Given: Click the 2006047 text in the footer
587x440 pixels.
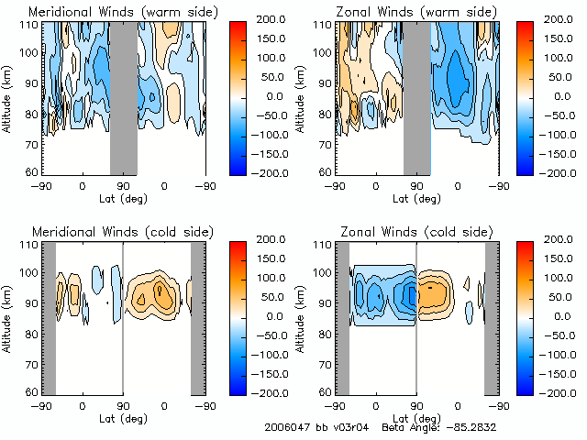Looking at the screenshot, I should click(x=286, y=428).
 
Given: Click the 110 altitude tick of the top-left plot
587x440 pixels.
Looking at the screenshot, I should click(x=30, y=25).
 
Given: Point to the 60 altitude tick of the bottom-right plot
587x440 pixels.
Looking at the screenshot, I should click(x=326, y=390).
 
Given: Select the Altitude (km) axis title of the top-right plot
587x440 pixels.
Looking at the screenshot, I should click(x=302, y=98).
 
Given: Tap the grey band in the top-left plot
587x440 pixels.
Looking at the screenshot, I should click(x=124, y=97).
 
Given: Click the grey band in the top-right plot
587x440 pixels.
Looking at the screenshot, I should click(x=417, y=97).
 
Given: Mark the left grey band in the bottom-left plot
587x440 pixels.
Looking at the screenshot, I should click(x=50, y=317).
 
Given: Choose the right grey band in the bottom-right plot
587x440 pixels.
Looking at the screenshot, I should click(x=492, y=317).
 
